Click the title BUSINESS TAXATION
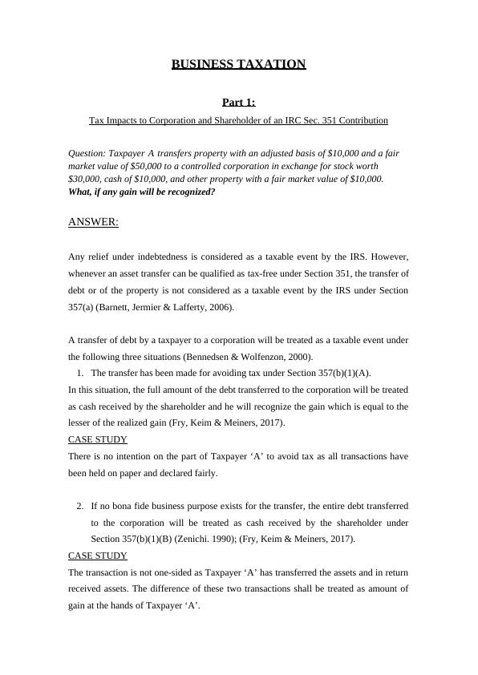click(x=238, y=64)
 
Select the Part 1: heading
click(x=238, y=102)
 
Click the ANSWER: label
click(x=93, y=222)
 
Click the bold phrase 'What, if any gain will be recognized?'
click(x=142, y=192)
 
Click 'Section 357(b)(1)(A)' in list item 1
click(x=325, y=373)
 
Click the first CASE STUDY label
click(x=98, y=439)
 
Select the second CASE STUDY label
click(x=98, y=556)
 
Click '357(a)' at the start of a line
click(x=82, y=307)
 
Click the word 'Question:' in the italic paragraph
click(x=88, y=152)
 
